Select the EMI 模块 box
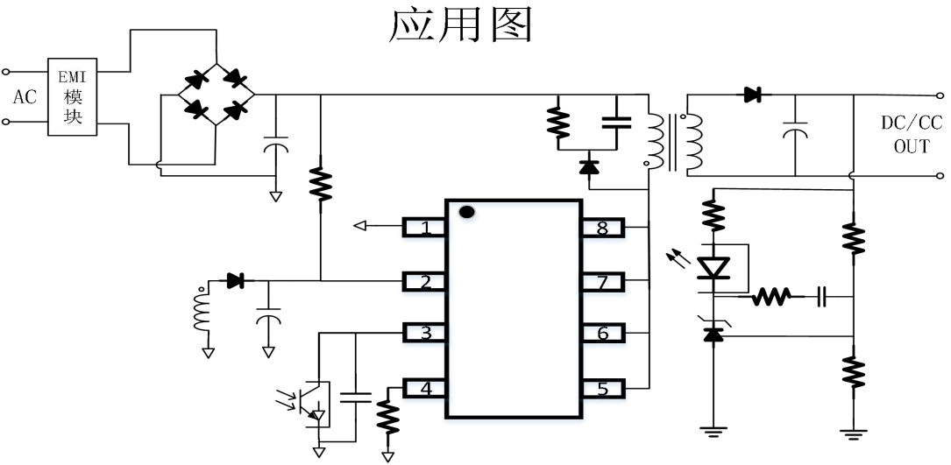pyautogui.click(x=74, y=96)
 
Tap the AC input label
pyautogui.click(x=25, y=97)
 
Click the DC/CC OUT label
pyautogui.click(x=911, y=134)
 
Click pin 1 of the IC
pyautogui.click(x=425, y=228)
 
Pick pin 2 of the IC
pyautogui.click(x=425, y=281)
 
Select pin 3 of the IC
pyautogui.click(x=425, y=333)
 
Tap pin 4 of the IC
pyautogui.click(x=425, y=387)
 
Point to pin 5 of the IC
pyautogui.click(x=602, y=387)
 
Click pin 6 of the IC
pyautogui.click(x=602, y=333)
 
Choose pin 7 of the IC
pyautogui.click(x=602, y=281)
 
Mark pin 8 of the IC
pyautogui.click(x=602, y=228)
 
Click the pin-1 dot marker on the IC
pyautogui.click(x=467, y=212)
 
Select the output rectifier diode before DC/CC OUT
pyautogui.click(x=751, y=95)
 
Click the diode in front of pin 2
pyautogui.click(x=235, y=281)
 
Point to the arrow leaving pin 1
pyautogui.click(x=359, y=227)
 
